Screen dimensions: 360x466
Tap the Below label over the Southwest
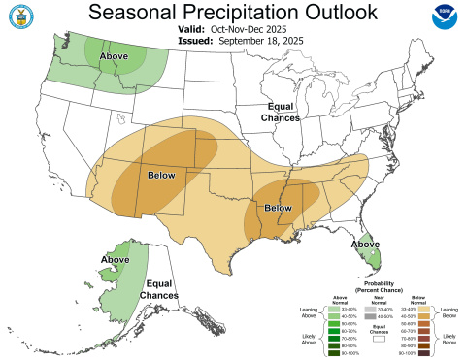162,176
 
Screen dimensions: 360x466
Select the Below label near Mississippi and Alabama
279,208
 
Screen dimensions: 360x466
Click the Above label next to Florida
365,244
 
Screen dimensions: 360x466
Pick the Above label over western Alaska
116,259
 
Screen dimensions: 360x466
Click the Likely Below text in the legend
450,339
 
